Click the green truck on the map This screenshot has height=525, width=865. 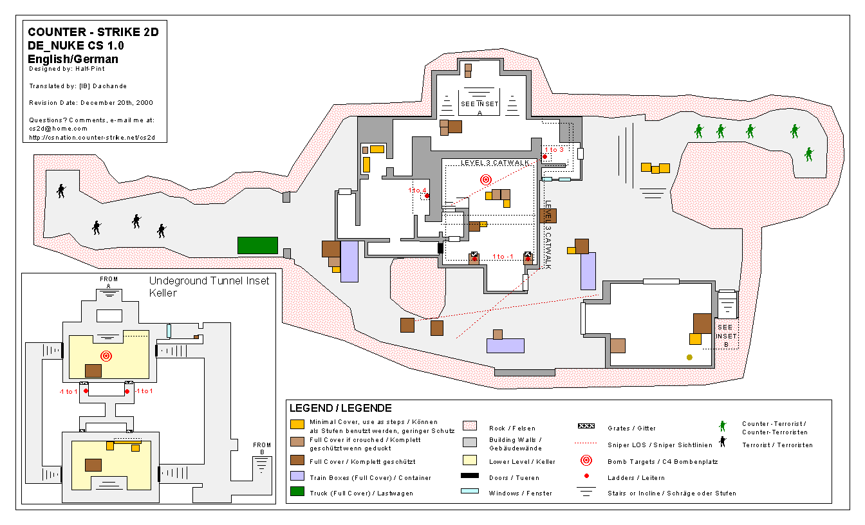(x=257, y=246)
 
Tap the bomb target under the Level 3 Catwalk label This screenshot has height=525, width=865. (x=486, y=180)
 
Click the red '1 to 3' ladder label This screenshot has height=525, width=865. (x=554, y=149)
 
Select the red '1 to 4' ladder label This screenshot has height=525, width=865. (x=417, y=190)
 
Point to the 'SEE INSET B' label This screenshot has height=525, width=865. (x=727, y=336)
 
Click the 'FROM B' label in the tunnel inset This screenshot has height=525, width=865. (x=262, y=448)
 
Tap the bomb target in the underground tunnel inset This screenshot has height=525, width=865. (x=106, y=356)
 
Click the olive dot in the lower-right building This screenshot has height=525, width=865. (x=690, y=358)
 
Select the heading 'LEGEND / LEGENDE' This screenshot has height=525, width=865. (x=340, y=408)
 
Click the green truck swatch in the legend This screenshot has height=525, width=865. (x=297, y=492)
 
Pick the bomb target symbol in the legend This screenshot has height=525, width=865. (x=586, y=460)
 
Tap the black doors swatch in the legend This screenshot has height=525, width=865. (x=470, y=475)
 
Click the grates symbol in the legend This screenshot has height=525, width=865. (x=586, y=426)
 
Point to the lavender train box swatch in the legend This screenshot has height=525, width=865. (x=297, y=475)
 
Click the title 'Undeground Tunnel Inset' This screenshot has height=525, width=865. (x=209, y=281)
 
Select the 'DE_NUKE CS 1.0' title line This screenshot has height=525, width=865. (x=76, y=46)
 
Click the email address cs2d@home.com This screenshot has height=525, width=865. (x=59, y=129)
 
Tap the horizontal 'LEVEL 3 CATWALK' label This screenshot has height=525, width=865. (x=495, y=163)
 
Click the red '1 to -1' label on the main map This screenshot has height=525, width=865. (x=503, y=256)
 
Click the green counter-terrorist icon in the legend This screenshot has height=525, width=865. (x=723, y=426)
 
